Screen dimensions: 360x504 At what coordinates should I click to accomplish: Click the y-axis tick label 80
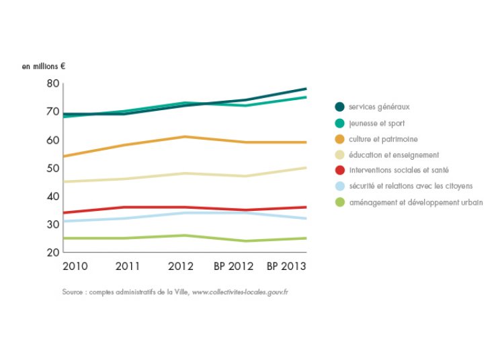click(53, 83)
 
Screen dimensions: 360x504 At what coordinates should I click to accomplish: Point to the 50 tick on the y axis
click(53, 168)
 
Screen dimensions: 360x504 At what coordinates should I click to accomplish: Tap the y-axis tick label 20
click(53, 253)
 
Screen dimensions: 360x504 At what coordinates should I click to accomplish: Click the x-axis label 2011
click(128, 266)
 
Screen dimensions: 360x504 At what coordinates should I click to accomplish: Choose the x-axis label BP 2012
click(234, 266)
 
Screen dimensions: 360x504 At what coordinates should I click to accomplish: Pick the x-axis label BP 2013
click(286, 266)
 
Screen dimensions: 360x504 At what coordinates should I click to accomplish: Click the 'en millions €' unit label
click(44, 66)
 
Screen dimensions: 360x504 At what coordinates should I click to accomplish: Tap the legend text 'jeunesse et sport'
click(376, 123)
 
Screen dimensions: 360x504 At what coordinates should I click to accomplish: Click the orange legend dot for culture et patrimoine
click(339, 139)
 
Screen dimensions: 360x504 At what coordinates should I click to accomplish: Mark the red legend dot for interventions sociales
click(339, 171)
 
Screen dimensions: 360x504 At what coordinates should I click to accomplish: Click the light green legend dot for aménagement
click(339, 202)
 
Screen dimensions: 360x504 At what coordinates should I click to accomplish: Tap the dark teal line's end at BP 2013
click(306, 89)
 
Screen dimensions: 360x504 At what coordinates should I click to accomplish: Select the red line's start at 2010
click(64, 213)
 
